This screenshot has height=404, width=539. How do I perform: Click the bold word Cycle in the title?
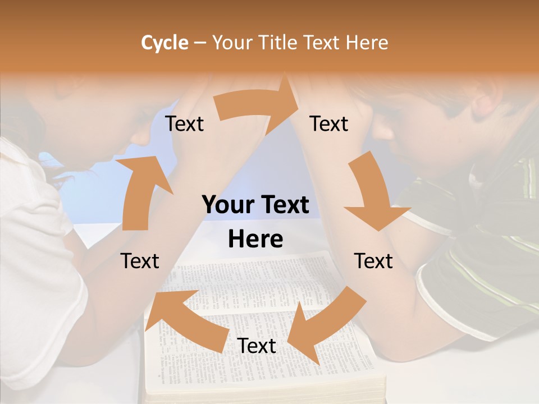(x=165, y=43)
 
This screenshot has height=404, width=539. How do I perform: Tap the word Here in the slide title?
(x=367, y=43)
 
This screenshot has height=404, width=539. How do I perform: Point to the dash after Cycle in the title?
(x=199, y=43)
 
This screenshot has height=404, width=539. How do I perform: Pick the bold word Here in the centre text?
(x=255, y=240)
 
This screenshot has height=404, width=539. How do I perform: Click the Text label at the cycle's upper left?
(x=184, y=124)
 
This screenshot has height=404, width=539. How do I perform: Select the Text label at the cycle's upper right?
(x=329, y=124)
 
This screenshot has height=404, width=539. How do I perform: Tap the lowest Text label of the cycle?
(x=257, y=346)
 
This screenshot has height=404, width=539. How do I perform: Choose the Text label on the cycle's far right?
(x=373, y=261)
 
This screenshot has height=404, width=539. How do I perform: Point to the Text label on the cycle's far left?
(x=140, y=261)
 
